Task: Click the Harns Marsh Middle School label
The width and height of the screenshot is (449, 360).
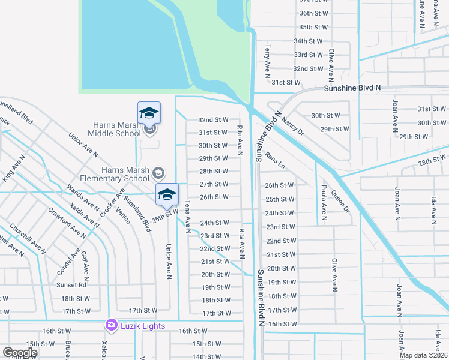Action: point(116,129)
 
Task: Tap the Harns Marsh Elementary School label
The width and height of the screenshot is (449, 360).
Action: point(125,174)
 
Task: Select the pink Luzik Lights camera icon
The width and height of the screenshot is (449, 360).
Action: point(111,325)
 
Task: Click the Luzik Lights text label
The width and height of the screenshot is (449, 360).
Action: point(142,326)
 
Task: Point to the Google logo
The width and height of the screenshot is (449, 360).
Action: point(20,353)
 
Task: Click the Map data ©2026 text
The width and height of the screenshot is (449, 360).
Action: point(424,355)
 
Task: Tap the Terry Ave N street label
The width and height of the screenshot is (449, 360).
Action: point(268,60)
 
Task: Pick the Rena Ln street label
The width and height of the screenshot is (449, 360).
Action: point(274,161)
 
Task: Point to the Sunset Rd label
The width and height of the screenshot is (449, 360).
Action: point(71,285)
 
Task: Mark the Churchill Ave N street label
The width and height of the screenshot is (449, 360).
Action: point(28,238)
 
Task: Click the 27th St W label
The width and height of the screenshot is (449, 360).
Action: point(214,184)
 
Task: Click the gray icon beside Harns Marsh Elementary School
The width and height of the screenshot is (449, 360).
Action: point(158,174)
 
